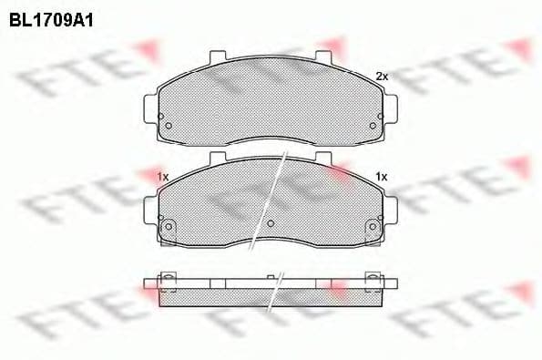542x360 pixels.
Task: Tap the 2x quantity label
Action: click(x=382, y=77)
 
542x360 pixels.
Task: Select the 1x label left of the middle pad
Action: click(x=163, y=176)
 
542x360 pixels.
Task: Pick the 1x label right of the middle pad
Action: click(x=382, y=176)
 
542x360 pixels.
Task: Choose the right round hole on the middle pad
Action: click(x=372, y=227)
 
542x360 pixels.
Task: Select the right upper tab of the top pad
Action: click(x=323, y=57)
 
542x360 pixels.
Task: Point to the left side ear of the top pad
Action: click(x=148, y=102)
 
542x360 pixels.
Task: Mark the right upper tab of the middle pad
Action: click(x=323, y=159)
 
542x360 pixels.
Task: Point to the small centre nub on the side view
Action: click(x=270, y=276)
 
